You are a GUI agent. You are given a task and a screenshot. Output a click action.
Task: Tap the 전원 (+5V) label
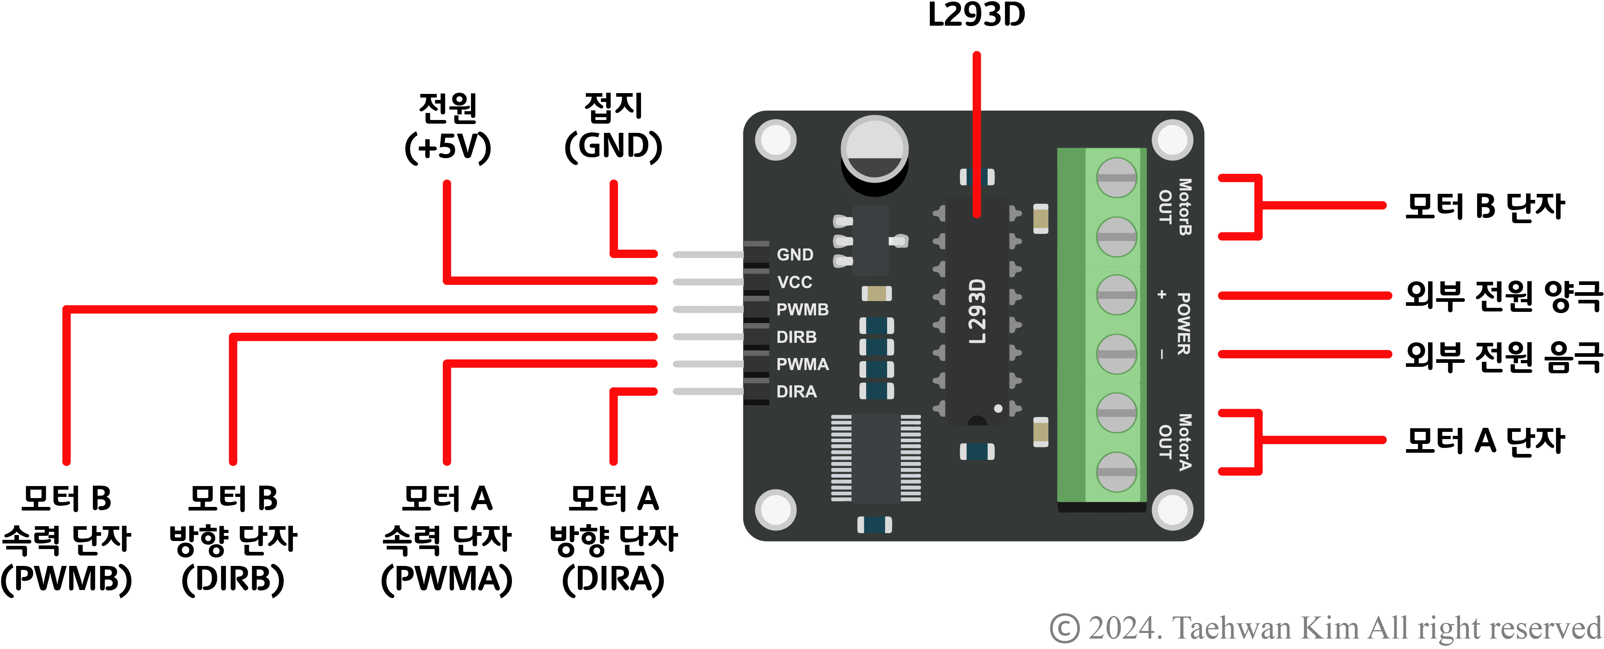click(448, 128)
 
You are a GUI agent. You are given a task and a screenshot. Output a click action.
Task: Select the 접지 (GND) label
click(613, 128)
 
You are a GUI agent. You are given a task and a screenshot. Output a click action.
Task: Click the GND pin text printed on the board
click(794, 254)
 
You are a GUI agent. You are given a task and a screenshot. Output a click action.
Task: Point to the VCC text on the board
click(794, 282)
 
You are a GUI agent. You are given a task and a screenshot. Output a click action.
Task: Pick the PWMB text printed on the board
click(802, 309)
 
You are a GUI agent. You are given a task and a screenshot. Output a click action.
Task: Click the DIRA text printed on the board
click(796, 391)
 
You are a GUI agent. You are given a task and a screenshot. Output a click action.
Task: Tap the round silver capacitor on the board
click(874, 149)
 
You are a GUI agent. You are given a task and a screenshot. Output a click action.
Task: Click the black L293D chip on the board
click(977, 311)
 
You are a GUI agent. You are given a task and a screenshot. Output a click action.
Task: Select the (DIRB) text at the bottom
click(233, 579)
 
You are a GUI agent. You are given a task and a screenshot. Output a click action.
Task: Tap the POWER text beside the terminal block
click(1183, 323)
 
